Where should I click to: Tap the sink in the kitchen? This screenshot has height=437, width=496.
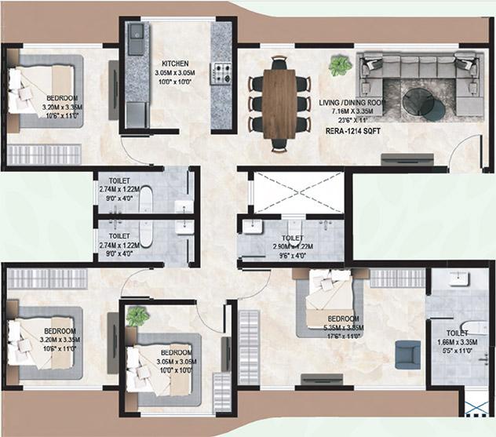pos(137,34)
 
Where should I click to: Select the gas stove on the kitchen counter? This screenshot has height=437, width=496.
pos(222,73)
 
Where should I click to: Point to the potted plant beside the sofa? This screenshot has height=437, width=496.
pos(340,65)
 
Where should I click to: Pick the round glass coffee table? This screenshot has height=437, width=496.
pos(421,103)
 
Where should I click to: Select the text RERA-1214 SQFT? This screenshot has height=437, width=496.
pos(353,133)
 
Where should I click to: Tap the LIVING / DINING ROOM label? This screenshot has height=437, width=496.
pos(353,102)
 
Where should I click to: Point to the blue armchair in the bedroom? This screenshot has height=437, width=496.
pos(407,354)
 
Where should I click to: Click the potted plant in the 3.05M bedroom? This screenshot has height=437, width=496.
pos(137,316)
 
